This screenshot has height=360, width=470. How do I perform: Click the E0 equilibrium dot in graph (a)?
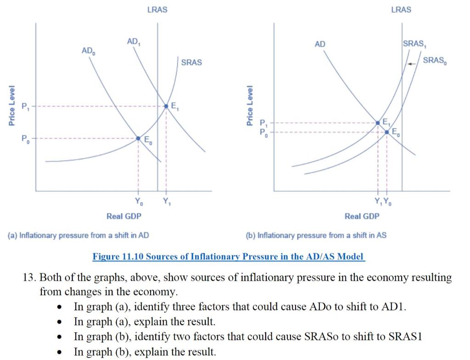138,138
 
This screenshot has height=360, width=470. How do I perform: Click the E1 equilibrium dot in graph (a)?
166,106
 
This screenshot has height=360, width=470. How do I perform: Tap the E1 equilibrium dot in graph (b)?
378,123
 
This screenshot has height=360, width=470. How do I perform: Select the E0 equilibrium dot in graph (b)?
386,132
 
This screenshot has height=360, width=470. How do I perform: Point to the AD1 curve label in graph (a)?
134,42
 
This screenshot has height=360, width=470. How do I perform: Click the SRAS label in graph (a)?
191,62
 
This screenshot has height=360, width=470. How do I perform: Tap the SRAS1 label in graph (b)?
414,44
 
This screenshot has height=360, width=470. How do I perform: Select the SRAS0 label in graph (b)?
435,61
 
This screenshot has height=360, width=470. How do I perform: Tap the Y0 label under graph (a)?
139,201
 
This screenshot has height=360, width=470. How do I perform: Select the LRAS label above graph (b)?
401,10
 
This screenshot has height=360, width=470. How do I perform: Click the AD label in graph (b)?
320,44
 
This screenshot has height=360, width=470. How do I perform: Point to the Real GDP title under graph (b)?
362,216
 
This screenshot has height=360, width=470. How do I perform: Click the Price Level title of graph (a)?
12,105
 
